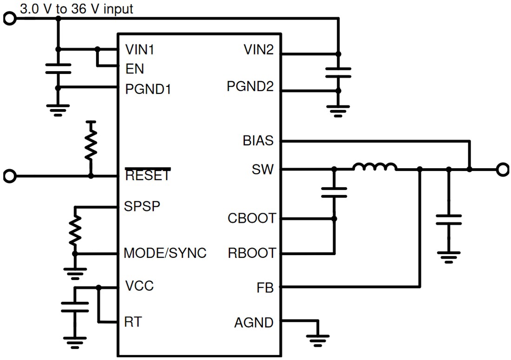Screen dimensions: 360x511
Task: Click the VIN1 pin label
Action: (x=140, y=50)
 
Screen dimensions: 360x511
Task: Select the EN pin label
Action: (x=135, y=69)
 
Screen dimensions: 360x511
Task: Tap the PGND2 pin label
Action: (x=250, y=87)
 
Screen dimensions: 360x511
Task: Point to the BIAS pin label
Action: (x=258, y=141)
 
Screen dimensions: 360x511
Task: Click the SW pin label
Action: (x=263, y=170)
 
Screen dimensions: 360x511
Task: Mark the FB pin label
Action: (x=265, y=288)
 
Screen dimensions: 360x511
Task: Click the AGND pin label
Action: (x=254, y=322)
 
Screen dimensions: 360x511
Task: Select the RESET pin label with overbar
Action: (x=148, y=176)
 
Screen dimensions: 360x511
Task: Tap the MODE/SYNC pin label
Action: (x=165, y=253)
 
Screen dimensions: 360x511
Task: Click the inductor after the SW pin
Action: (x=374, y=167)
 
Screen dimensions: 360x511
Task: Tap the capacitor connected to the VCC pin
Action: (x=75, y=307)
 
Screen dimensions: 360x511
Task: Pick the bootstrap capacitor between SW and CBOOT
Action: (x=334, y=192)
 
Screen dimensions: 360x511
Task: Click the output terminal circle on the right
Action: (x=502, y=170)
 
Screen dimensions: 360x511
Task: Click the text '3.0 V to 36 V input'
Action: (x=76, y=9)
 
